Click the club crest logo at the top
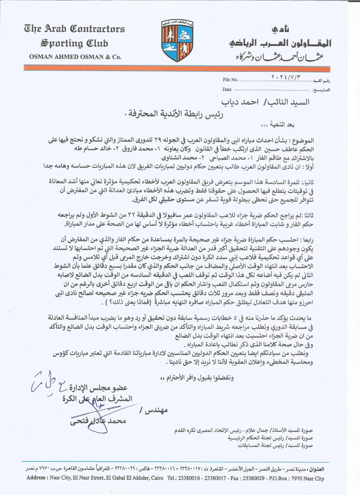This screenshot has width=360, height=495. (x=177, y=40)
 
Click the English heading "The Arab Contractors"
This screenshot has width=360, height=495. (x=74, y=29)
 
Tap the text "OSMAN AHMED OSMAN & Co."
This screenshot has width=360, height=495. (x=75, y=57)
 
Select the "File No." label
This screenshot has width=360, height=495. (x=230, y=80)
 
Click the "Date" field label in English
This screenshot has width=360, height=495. (x=227, y=90)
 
